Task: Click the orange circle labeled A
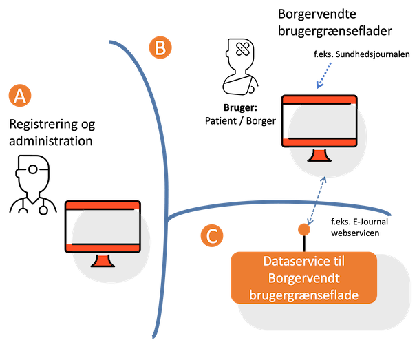click(x=20, y=96)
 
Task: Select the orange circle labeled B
click(x=160, y=48)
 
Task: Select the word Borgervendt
click(x=303, y=279)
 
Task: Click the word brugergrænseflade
click(x=303, y=295)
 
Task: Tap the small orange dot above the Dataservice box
click(x=303, y=229)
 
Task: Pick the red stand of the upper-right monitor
click(x=319, y=156)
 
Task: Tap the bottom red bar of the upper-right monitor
click(x=319, y=141)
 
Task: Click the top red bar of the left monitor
click(x=103, y=205)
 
